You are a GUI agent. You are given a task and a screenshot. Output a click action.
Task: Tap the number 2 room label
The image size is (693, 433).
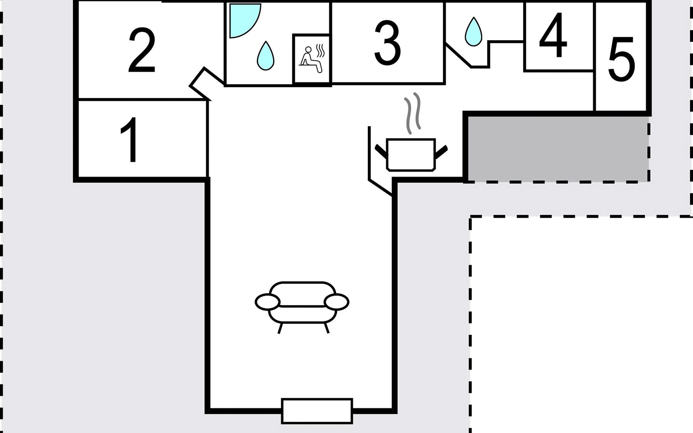point(141,50)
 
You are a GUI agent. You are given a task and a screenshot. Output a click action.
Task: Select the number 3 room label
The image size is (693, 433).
point(387,43)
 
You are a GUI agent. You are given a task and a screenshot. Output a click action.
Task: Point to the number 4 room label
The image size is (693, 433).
point(553,35)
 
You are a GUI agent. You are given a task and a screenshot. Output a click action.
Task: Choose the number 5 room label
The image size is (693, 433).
point(621,58)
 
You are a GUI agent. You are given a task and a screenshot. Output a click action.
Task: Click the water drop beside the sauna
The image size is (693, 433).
point(265,56)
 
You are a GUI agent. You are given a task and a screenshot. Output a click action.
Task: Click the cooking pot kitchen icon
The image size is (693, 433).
point(411,154)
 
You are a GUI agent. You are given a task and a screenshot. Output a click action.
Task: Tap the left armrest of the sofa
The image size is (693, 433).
point(267,302)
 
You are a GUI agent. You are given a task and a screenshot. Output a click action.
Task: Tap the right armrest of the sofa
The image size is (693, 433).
point(336,302)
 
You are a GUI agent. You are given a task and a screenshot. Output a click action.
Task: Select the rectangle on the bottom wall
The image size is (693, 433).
point(317,411)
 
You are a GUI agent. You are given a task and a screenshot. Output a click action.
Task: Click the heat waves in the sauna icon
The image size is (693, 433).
point(321,51)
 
